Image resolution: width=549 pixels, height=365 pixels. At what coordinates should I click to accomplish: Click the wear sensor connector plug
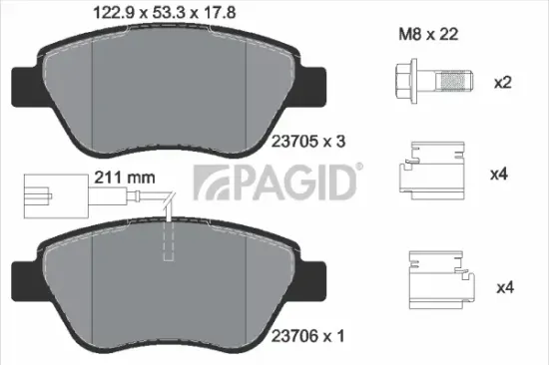point(43,189)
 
